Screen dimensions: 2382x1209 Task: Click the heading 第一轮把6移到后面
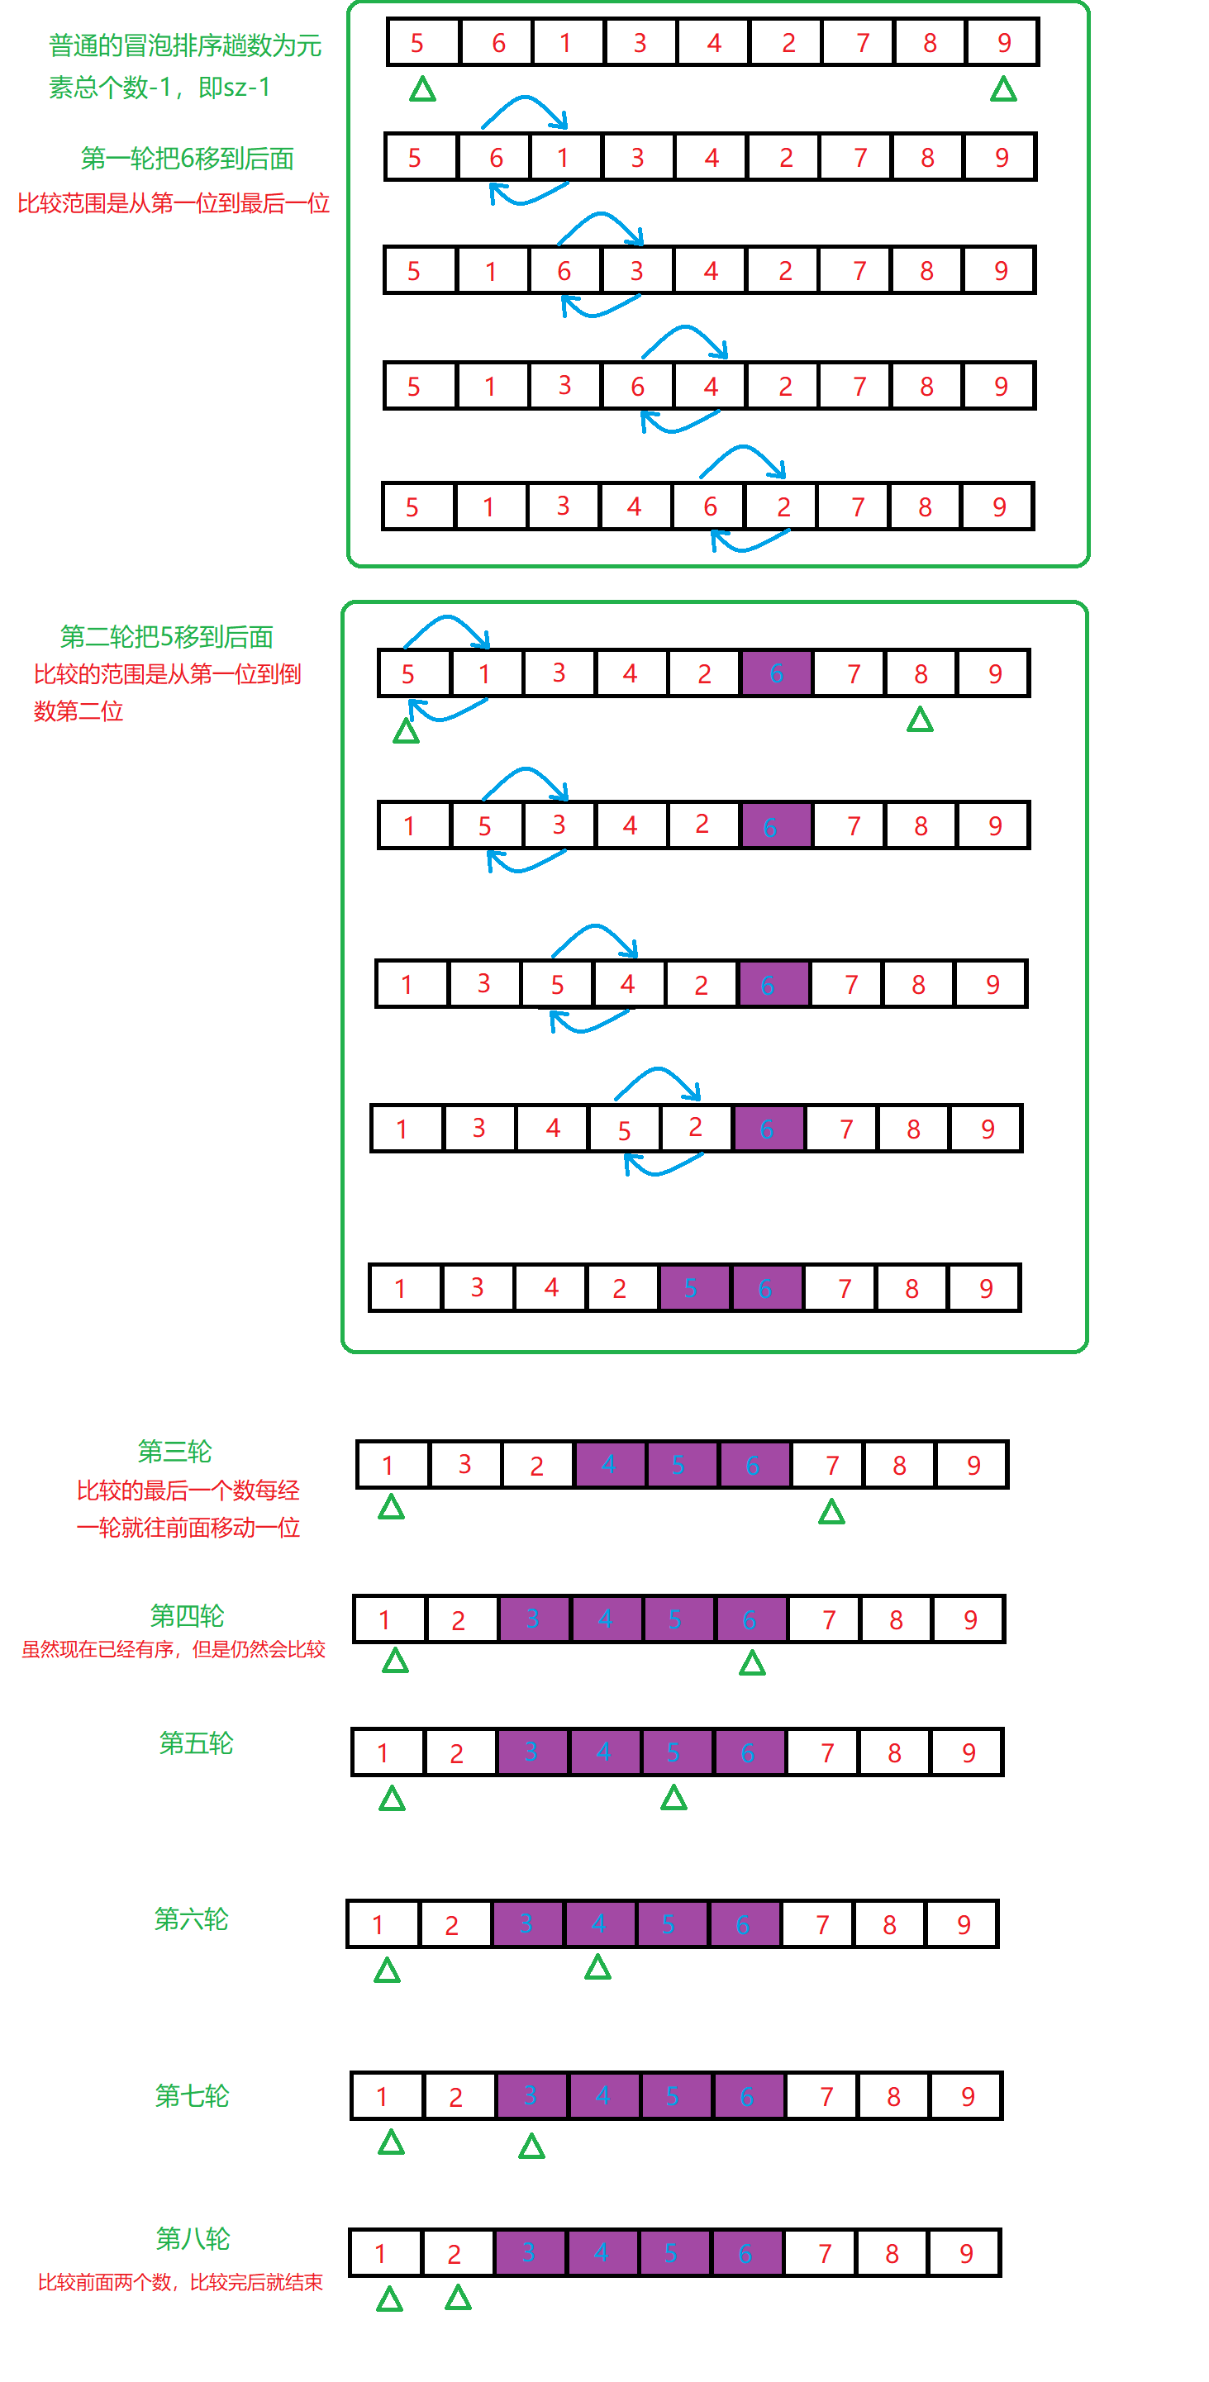pyautogui.click(x=187, y=159)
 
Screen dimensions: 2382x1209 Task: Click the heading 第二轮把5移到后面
pyautogui.click(x=166, y=637)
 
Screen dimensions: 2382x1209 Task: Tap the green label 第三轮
pyautogui.click(x=175, y=1451)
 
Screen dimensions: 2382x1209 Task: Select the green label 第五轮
pyautogui.click(x=196, y=1743)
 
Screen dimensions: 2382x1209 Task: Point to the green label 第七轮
pyautogui.click(x=192, y=2095)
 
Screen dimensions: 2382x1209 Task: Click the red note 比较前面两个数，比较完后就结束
pyautogui.click(x=180, y=2282)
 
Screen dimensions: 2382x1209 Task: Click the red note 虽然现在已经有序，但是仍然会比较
pyautogui.click(x=174, y=1650)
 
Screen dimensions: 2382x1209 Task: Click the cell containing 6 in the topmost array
pyautogui.click(x=497, y=42)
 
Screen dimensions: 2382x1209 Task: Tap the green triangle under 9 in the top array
pyautogui.click(x=1004, y=90)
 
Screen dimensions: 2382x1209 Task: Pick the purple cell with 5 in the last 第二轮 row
pyautogui.click(x=690, y=1288)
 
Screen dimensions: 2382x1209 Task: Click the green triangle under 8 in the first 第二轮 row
pyautogui.click(x=920, y=720)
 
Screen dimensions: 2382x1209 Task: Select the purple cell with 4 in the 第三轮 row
pyautogui.click(x=609, y=1465)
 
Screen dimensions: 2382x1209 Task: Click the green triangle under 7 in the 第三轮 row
pyautogui.click(x=831, y=1512)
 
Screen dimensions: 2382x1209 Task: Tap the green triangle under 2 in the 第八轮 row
pyautogui.click(x=458, y=2298)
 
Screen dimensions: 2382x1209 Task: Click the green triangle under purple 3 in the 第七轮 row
pyautogui.click(x=531, y=2147)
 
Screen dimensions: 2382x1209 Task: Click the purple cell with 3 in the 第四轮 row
pyautogui.click(x=533, y=1619)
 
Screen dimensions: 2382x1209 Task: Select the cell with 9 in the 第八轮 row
pyautogui.click(x=966, y=2253)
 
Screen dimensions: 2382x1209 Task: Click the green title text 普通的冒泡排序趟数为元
pyautogui.click(x=185, y=45)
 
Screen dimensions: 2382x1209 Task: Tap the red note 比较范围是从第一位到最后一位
pyautogui.click(x=174, y=203)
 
